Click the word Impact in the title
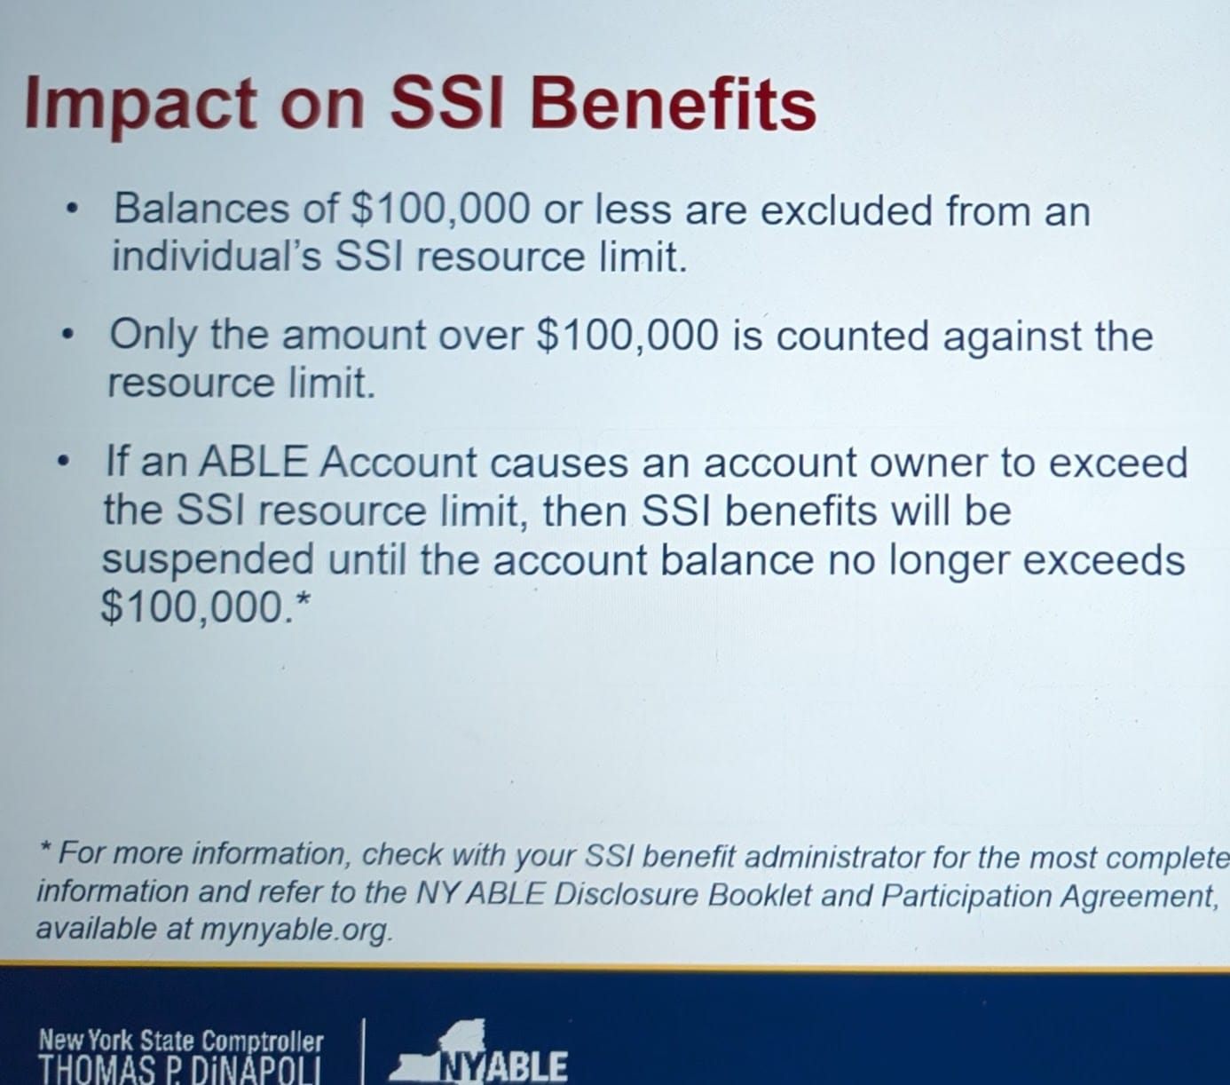[140, 104]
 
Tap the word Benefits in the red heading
[674, 103]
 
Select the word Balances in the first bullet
[201, 209]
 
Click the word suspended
[208, 558]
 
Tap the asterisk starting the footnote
[44, 846]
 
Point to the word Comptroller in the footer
[263, 1041]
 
